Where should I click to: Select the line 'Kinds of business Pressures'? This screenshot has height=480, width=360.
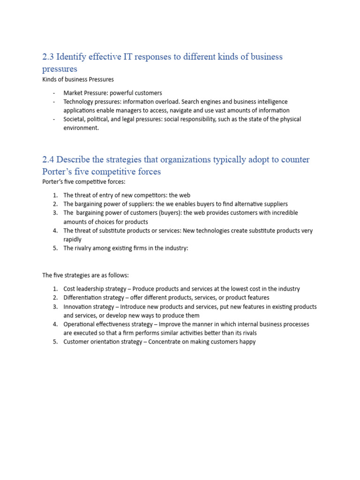(78, 79)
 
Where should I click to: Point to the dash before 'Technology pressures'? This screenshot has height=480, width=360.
(54, 102)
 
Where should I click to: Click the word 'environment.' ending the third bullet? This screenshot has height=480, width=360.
(81, 128)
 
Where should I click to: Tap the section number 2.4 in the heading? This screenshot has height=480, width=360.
(48, 159)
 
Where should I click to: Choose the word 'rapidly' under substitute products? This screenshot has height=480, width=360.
(73, 239)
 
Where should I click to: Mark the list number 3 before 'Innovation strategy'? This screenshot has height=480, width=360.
(54, 307)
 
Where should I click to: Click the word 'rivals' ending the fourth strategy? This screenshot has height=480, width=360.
(248, 333)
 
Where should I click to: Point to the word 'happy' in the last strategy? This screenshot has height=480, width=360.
(248, 342)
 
